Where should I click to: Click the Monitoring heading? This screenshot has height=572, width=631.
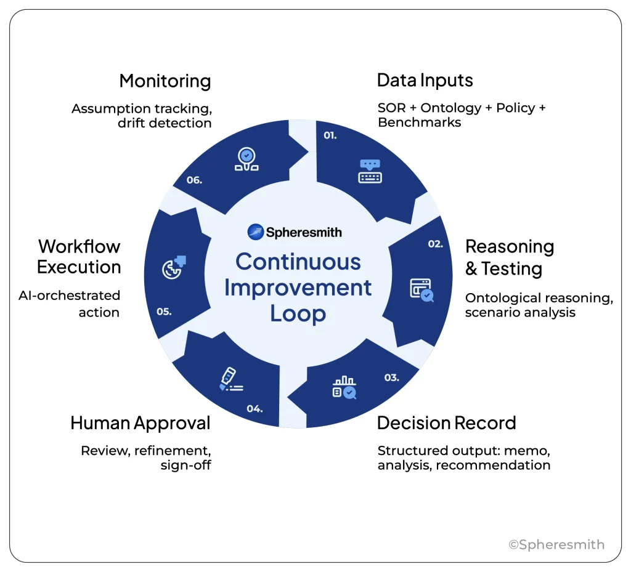click(165, 81)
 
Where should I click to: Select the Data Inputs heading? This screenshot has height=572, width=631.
click(425, 81)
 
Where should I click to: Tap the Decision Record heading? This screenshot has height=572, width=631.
click(446, 423)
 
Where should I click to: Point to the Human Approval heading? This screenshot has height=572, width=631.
click(140, 423)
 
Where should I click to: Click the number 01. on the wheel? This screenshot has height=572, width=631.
click(330, 135)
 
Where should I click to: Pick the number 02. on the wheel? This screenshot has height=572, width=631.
click(436, 244)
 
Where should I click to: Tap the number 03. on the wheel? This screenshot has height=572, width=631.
click(392, 377)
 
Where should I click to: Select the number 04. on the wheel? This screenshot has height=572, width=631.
click(254, 408)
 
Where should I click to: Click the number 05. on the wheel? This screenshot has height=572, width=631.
click(163, 312)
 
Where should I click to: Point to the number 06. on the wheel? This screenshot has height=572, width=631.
click(194, 181)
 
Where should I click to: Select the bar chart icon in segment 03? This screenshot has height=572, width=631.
click(344, 387)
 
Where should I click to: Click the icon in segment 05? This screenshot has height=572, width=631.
click(174, 267)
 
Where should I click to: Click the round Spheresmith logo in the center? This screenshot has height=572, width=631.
click(256, 232)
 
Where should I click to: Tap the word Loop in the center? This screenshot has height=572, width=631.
click(298, 314)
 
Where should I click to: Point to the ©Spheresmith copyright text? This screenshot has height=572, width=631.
click(556, 544)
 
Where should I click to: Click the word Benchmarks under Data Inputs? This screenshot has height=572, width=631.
click(419, 123)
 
